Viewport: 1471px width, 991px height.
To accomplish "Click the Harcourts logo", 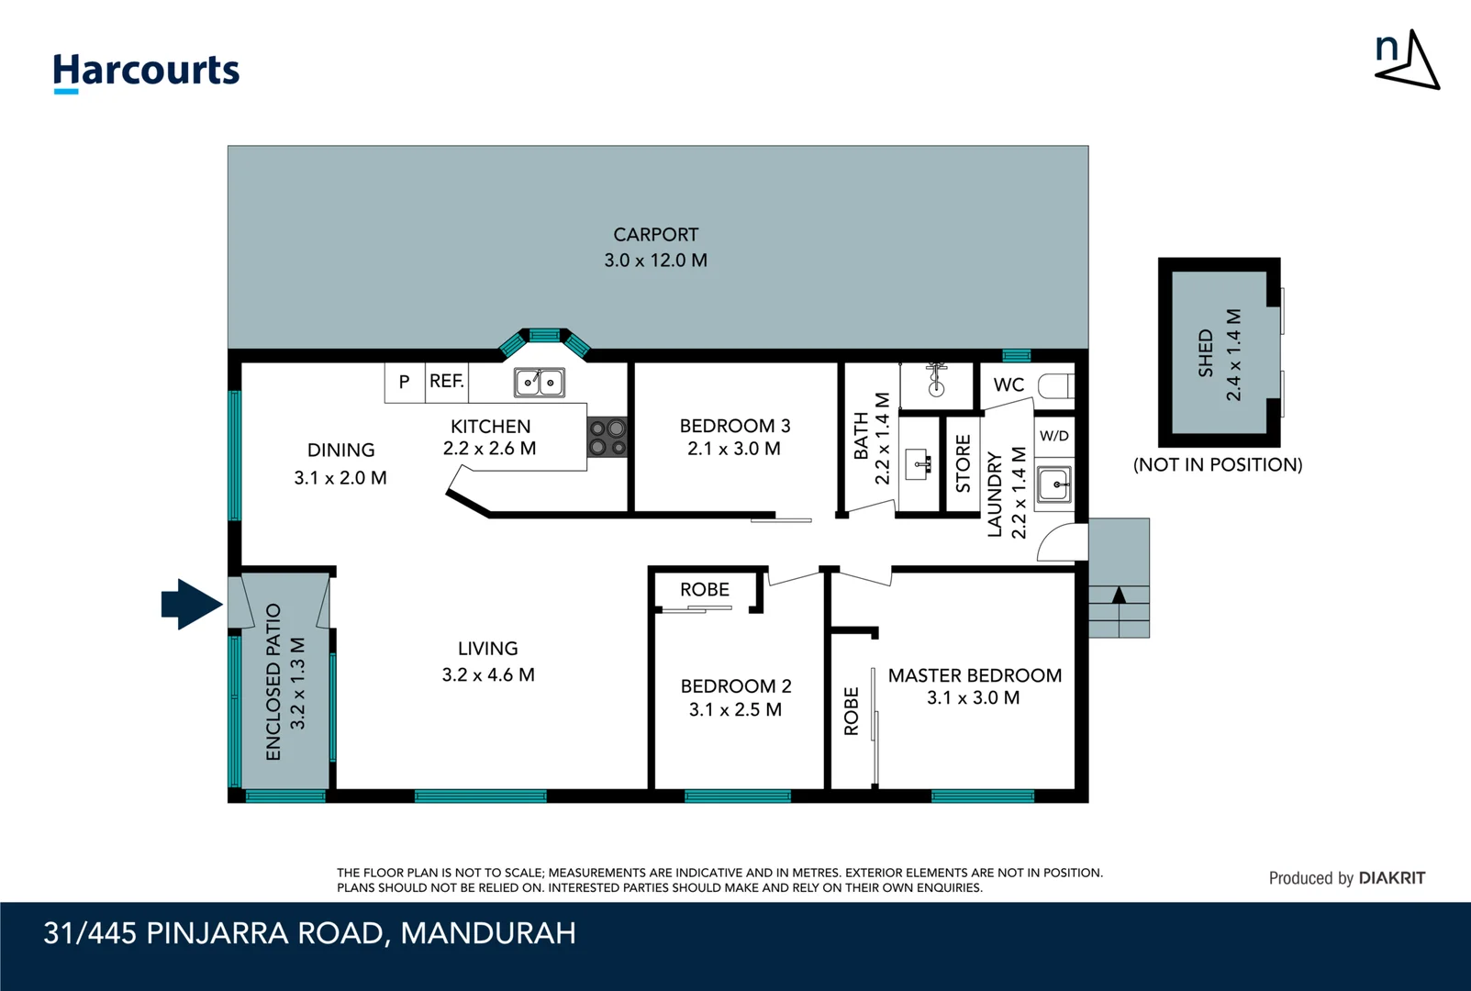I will click(146, 72).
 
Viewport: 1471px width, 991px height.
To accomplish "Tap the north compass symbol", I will click(1407, 60).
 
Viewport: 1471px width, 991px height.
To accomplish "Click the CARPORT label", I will click(655, 235).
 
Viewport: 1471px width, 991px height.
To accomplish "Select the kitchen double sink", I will click(539, 382).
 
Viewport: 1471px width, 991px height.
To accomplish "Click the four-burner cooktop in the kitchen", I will click(607, 438).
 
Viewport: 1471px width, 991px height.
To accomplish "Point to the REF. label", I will click(447, 381).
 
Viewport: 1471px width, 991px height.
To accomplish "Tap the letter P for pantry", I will click(404, 382).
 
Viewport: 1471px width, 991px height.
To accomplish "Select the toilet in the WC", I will click(1055, 385).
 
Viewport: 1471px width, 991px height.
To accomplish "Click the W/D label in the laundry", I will click(1053, 436).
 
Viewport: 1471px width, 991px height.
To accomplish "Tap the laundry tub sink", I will click(1053, 484).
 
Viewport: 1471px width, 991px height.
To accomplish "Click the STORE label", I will click(963, 463).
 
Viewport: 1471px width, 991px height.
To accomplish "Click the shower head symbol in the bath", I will click(936, 377).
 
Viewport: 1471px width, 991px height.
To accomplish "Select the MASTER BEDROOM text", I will click(975, 675).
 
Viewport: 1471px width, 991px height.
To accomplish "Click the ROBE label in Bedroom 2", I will click(705, 590).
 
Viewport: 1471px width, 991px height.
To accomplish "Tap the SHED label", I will click(1205, 353).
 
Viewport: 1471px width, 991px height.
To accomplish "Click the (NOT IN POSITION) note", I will click(1218, 464).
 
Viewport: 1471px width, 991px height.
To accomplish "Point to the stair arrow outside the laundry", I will click(1119, 596).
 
